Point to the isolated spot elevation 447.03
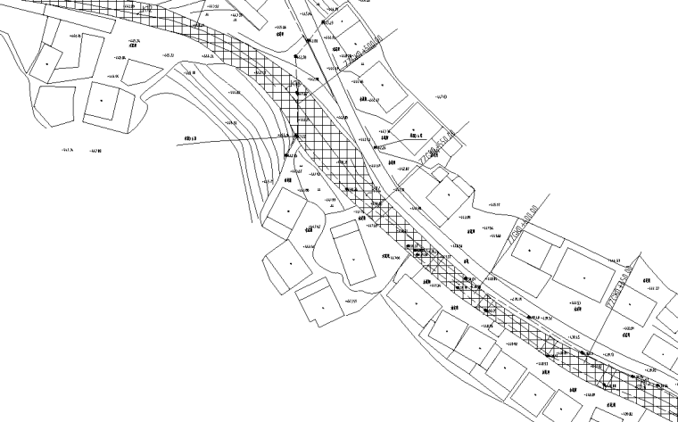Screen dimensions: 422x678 (x=439, y=96)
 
